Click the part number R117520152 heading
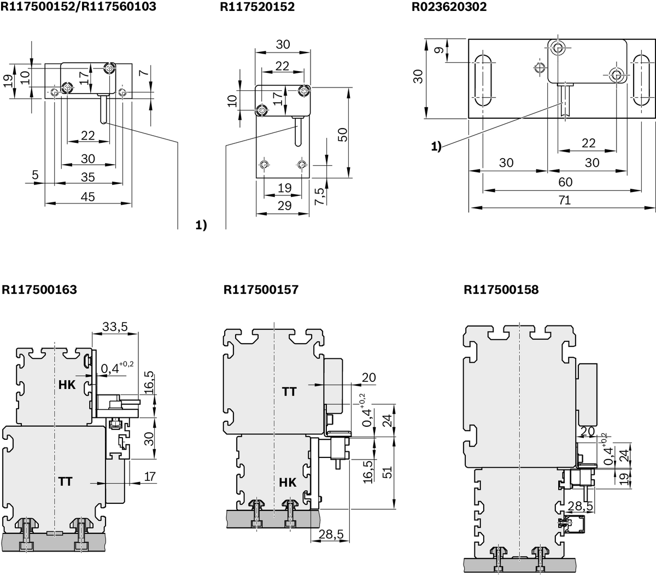pos(257,7)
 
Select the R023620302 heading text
pos(449,7)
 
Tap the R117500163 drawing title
pos(39,289)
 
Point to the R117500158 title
pos(501,289)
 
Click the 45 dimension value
pos(87,196)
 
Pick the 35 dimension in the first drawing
pos(87,177)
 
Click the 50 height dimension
pos(343,134)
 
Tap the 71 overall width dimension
pos(565,201)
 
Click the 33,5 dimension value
pos(115,327)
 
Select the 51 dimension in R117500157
pos(386,472)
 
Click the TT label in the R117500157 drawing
pos(289,391)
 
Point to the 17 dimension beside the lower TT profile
pos(149,477)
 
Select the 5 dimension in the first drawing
pos(36,176)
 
